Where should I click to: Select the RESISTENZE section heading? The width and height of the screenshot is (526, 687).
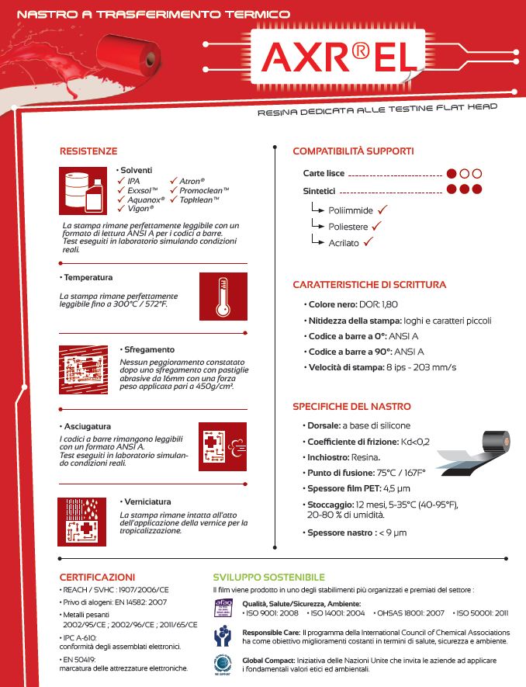(x=88, y=151)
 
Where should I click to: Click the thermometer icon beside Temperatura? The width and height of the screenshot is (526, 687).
(x=223, y=297)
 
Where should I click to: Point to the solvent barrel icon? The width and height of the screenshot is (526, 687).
(x=83, y=190)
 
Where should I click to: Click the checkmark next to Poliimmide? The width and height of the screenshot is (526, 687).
(x=383, y=210)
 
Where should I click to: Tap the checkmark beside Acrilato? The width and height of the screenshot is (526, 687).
(x=369, y=242)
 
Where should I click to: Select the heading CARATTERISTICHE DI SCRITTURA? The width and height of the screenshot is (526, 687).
(x=369, y=285)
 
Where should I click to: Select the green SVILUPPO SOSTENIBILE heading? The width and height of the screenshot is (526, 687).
(x=268, y=577)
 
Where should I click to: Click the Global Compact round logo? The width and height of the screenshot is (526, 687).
(x=223, y=664)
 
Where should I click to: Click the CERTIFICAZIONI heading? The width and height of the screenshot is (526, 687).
(x=97, y=577)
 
